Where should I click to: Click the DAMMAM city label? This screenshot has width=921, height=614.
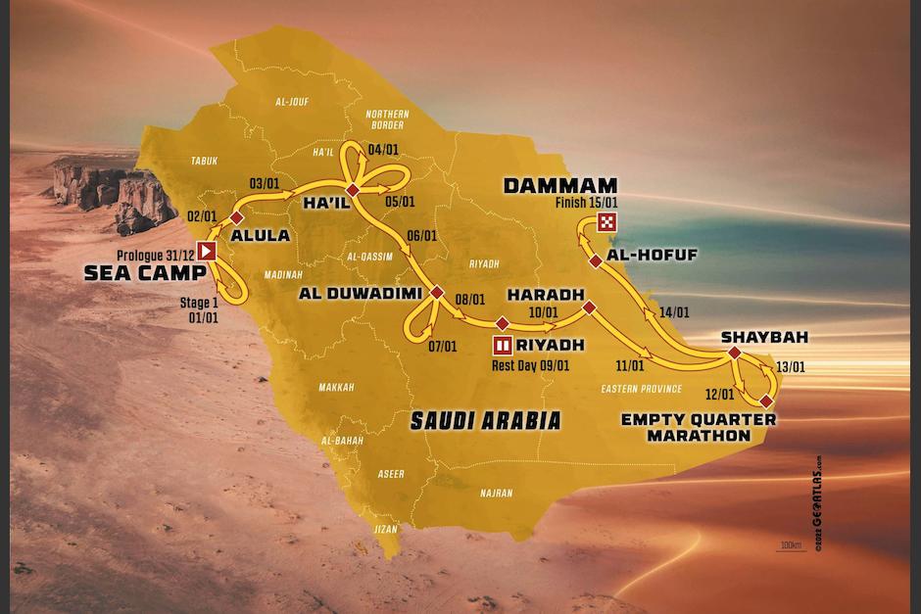(559, 185)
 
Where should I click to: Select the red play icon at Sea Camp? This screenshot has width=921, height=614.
(206, 251)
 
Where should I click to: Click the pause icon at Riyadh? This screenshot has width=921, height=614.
(503, 345)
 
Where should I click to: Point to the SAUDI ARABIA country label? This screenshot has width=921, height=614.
(485, 421)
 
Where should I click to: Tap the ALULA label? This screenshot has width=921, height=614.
(260, 235)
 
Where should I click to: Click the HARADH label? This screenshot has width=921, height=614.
(545, 294)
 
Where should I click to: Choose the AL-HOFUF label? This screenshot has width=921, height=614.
(652, 255)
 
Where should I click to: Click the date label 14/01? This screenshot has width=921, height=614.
(674, 313)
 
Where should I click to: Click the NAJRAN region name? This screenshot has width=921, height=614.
(497, 494)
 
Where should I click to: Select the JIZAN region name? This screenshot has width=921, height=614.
(387, 529)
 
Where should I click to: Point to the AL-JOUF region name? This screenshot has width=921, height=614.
(293, 101)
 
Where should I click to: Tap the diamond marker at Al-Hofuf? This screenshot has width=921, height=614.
(594, 260)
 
